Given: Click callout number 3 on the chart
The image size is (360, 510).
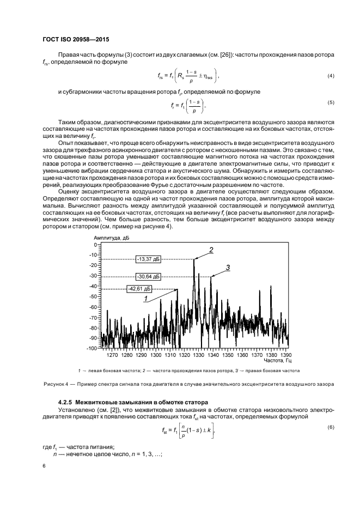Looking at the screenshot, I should [228, 266].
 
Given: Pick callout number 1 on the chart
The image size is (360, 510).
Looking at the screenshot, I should [146, 299].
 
